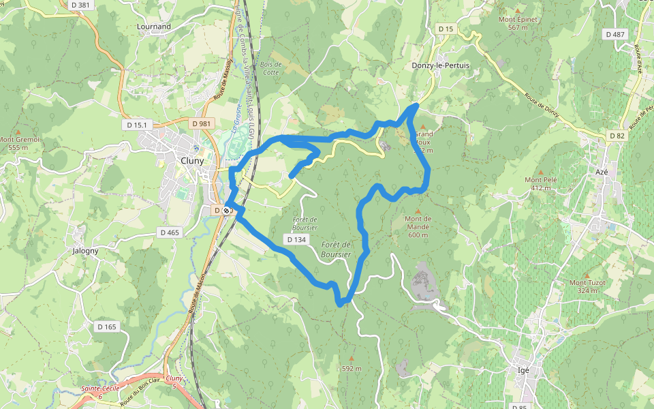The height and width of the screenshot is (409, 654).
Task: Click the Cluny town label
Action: tap(192, 161)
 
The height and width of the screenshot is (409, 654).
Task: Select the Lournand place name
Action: tap(154, 27)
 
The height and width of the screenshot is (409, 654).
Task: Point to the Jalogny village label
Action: tap(85, 250)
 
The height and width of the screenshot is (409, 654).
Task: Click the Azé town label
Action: tap(602, 172)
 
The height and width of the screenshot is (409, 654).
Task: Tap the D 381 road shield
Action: tap(80, 5)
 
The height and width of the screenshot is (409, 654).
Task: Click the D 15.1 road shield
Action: tap(137, 125)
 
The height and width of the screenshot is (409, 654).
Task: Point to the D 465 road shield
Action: tap(170, 232)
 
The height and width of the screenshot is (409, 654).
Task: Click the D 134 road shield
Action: tap(296, 239)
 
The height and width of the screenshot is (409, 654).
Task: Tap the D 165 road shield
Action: tap(107, 327)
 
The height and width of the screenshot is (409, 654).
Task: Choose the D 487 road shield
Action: tap(614, 34)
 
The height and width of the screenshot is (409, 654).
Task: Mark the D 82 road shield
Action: tap(617, 136)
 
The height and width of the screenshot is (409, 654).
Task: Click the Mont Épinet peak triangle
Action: tap(518, 12)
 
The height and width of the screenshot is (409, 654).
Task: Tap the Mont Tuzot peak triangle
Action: tap(587, 275)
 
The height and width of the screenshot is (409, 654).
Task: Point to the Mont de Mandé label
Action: tap(418, 227)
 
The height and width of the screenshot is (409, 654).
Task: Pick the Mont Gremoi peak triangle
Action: tap(18, 132)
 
